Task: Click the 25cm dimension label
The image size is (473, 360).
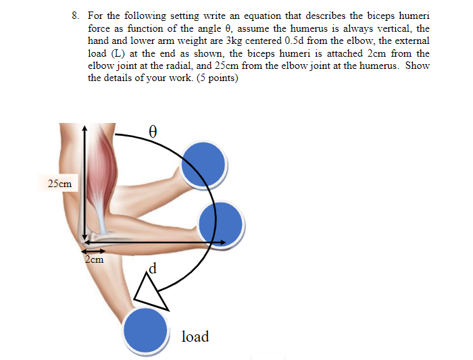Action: tap(60, 183)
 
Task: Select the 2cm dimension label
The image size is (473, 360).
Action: tap(95, 259)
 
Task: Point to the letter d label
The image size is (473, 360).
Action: tap(153, 269)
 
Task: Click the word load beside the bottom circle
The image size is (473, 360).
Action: tap(195, 336)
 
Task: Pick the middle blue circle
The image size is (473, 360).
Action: tap(222, 222)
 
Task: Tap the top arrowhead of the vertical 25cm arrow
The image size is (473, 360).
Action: tap(84, 128)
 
